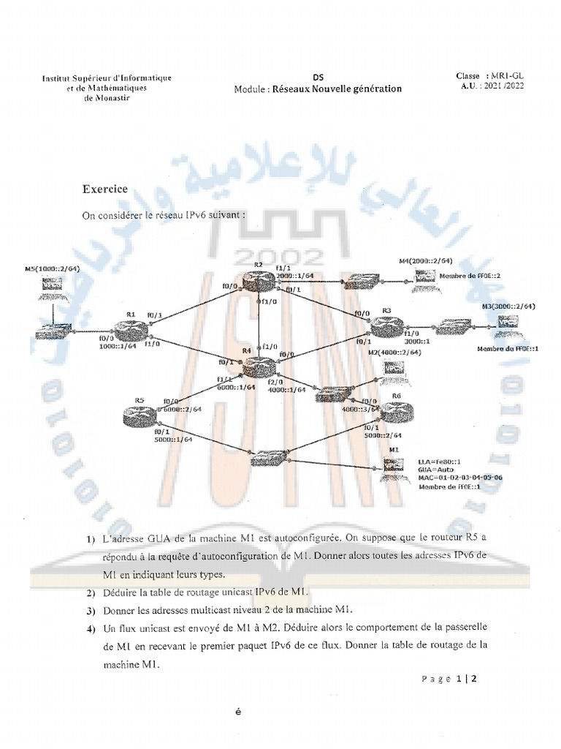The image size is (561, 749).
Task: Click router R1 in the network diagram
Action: [x=131, y=330]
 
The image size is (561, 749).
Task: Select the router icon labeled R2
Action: [x=258, y=279]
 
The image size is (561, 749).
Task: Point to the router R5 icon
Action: [x=140, y=415]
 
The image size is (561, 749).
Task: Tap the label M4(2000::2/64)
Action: [x=426, y=260]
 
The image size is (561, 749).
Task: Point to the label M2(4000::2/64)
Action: [x=394, y=352]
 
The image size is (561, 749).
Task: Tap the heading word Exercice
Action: [x=105, y=189]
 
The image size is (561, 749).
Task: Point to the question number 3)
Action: [x=91, y=610]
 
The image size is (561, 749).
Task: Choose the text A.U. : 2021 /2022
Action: [x=492, y=86]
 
